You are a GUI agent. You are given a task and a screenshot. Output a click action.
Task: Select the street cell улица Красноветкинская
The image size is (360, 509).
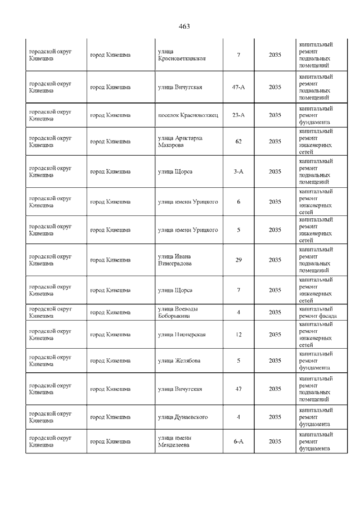182,55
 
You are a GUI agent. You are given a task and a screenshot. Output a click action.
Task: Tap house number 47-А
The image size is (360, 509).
238,87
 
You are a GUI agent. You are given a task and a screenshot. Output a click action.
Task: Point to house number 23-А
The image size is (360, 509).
238,115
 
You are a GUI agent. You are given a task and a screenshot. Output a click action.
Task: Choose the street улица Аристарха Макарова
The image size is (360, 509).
180,141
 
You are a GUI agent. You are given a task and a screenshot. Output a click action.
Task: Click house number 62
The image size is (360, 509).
238,141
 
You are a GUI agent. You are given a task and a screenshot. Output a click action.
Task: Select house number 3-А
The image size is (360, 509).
238,171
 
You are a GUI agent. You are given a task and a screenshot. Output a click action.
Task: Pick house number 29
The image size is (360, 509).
238,260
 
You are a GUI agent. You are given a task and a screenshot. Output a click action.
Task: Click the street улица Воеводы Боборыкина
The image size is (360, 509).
178,312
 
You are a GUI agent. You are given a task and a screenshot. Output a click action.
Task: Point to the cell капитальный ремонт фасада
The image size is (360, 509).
318,312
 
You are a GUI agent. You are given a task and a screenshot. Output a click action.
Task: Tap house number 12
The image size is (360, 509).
238,335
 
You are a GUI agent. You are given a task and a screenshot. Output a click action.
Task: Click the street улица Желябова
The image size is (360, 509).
179,361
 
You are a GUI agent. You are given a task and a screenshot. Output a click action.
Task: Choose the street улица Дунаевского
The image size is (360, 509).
183,417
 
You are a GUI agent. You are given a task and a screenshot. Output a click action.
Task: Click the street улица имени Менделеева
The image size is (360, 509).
175,442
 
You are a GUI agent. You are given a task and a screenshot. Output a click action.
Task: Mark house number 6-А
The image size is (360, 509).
238,442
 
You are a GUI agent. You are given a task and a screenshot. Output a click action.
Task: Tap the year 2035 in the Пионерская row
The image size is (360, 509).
275,335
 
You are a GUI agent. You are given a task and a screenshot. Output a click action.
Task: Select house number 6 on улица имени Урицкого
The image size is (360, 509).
238,201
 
